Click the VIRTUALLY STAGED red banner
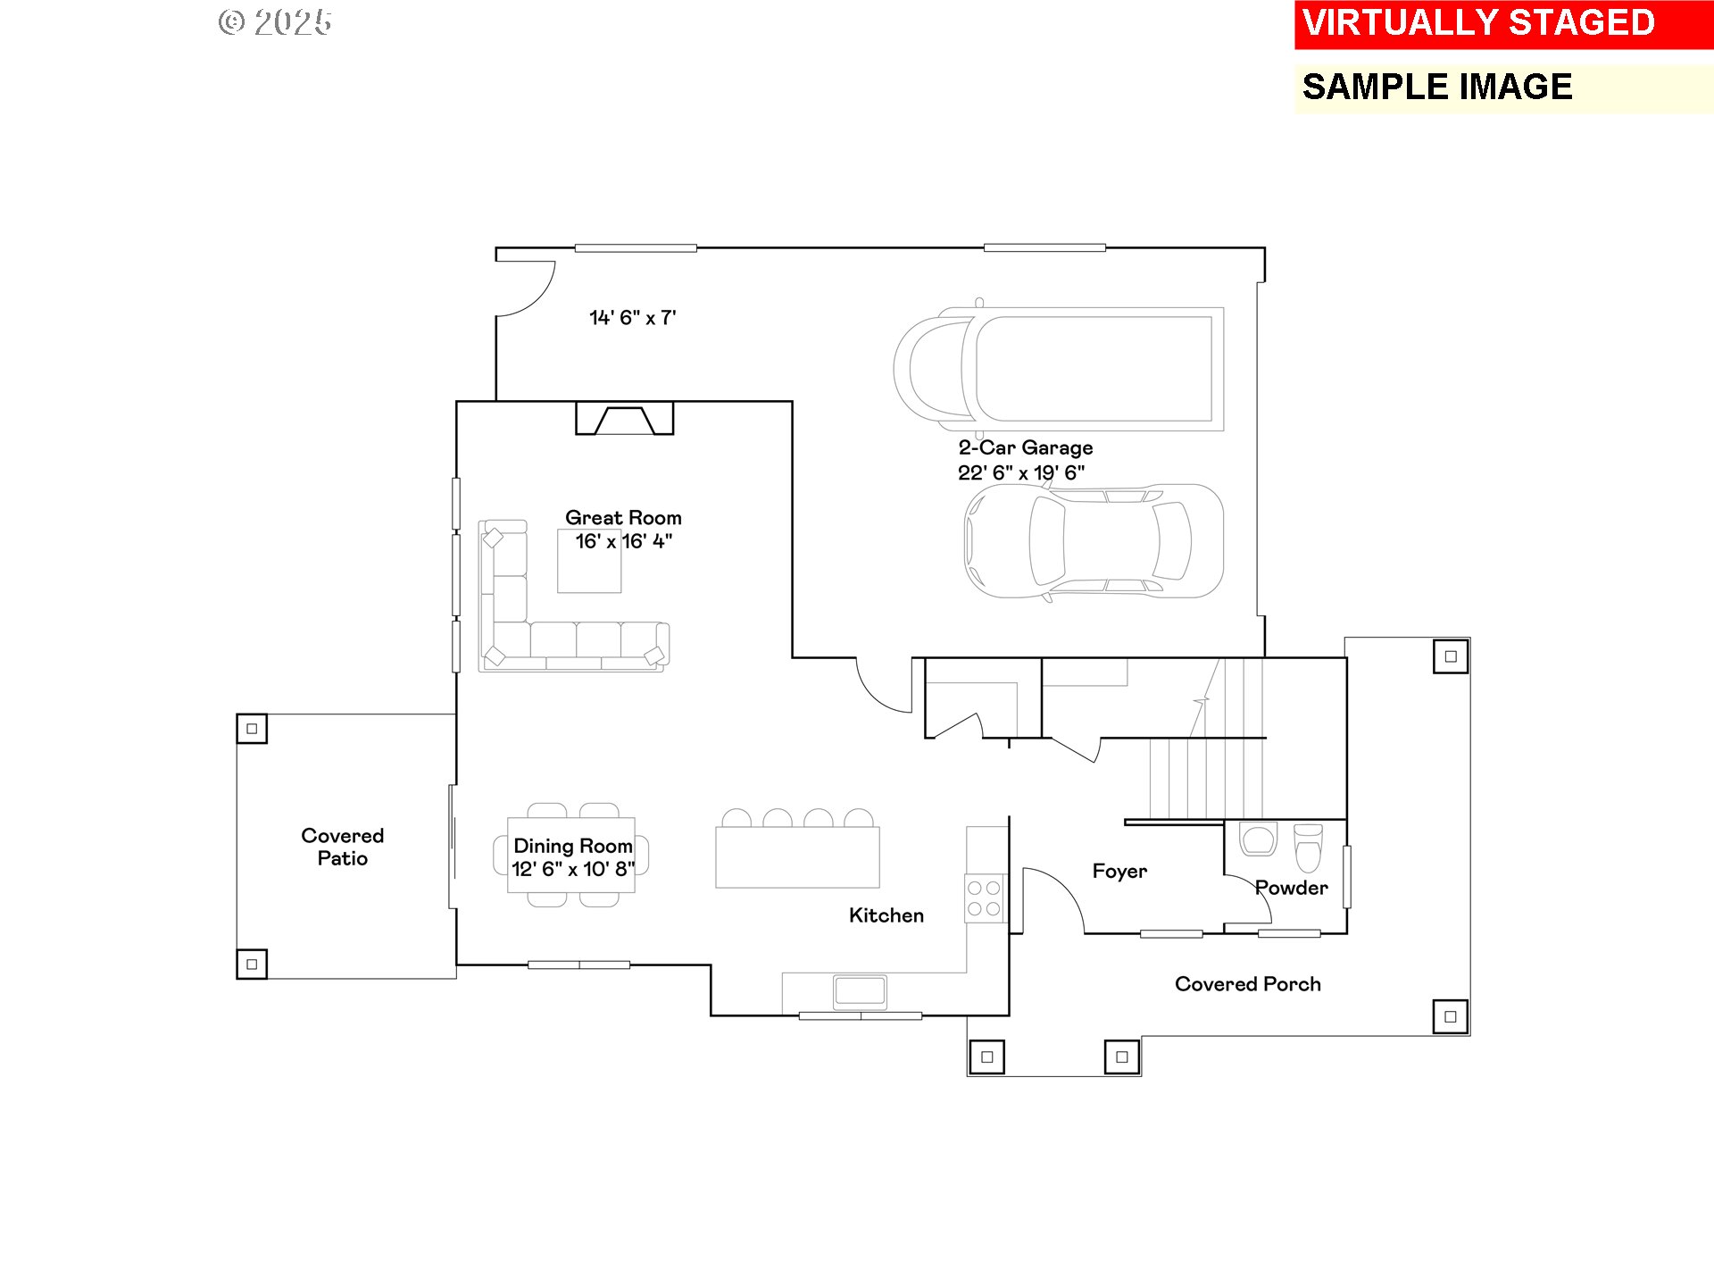click(1503, 24)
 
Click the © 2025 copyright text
click(275, 22)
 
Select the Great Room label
click(623, 518)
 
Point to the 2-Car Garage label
click(1026, 447)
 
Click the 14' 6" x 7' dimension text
click(633, 318)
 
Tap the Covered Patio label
click(343, 847)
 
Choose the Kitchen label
click(886, 915)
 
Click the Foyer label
click(1119, 872)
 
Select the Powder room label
click(1292, 888)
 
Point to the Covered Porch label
click(1248, 984)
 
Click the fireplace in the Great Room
click(625, 418)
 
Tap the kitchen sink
click(860, 991)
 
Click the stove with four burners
click(984, 898)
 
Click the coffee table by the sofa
click(589, 561)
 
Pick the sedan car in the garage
click(1094, 541)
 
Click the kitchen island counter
click(797, 856)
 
